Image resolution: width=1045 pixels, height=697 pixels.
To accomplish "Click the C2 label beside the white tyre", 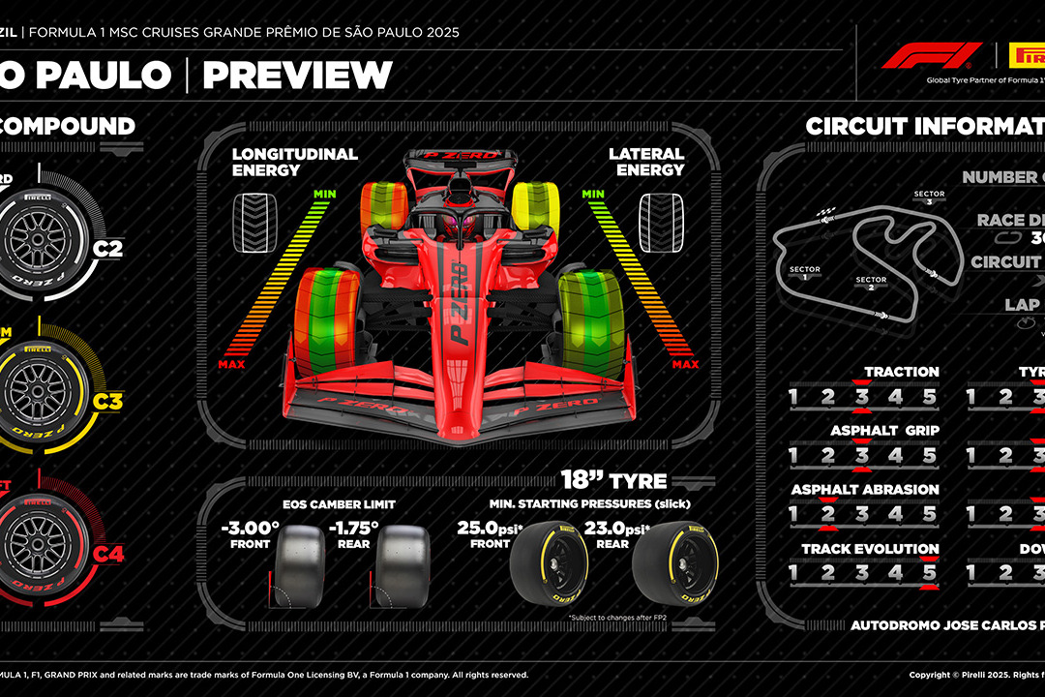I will pyautogui.click(x=107, y=250).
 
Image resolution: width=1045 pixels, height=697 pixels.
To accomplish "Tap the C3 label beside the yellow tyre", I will pyautogui.click(x=107, y=400).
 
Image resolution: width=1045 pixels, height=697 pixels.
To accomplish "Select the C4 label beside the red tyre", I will pyautogui.click(x=108, y=554).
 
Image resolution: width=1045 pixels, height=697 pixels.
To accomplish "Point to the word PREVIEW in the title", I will pyautogui.click(x=297, y=75).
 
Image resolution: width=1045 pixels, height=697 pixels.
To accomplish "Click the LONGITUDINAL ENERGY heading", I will pyautogui.click(x=294, y=162).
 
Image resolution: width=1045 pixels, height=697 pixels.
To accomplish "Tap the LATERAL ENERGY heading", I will pyautogui.click(x=646, y=162).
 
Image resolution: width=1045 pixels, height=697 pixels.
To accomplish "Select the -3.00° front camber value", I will pyautogui.click(x=250, y=529).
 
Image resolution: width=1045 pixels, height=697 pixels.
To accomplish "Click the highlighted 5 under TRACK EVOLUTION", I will pyautogui.click(x=929, y=573).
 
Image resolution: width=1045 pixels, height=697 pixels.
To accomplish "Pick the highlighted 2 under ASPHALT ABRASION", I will pyautogui.click(x=827, y=514).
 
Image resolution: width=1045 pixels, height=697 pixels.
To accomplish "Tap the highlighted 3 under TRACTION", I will pyautogui.click(x=861, y=396).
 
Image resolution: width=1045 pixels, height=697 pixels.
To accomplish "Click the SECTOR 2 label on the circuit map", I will pyautogui.click(x=871, y=284).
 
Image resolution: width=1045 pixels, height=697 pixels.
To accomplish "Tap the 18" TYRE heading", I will pyautogui.click(x=614, y=480).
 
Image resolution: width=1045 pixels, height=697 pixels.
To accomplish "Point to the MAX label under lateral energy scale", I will pyautogui.click(x=685, y=364).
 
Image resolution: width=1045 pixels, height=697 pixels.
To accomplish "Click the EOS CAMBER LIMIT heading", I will pyautogui.click(x=339, y=504).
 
